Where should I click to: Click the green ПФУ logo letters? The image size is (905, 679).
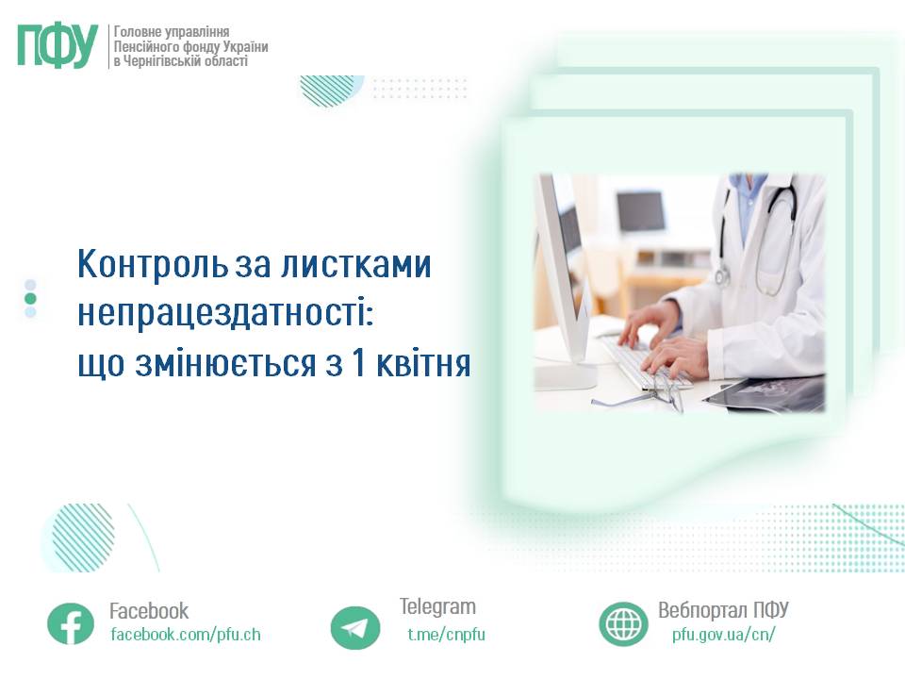pos(58,45)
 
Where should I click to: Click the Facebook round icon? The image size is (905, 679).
pos(71,623)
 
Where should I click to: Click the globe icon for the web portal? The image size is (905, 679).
pos(623,623)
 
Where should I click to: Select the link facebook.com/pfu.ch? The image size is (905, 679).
pos(186,635)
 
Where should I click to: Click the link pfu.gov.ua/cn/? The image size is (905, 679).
pos(724,635)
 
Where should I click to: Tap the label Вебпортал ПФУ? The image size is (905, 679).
pos(723,609)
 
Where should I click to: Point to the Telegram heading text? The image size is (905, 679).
pos(437,606)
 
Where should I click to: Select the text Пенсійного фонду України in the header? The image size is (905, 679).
pos(190,46)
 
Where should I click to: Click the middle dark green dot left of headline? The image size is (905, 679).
pos(30,298)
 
